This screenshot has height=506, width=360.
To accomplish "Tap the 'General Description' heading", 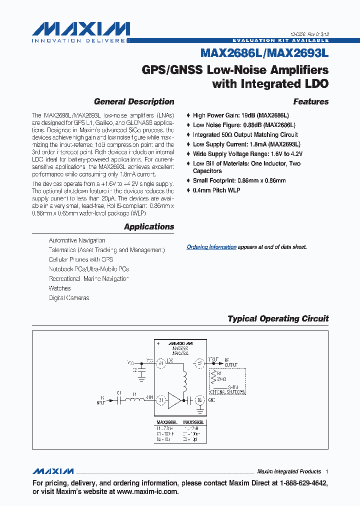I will [x=134, y=101].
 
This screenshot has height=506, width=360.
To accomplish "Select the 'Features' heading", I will [x=310, y=101].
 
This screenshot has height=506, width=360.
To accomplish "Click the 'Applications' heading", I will [x=149, y=226].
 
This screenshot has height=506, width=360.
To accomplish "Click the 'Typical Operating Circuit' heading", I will [x=278, y=318].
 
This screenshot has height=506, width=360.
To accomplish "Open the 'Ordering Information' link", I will [x=211, y=247].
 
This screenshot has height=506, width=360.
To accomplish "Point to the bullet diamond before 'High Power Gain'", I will [x=188, y=115].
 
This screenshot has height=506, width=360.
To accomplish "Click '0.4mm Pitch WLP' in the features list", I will [x=217, y=190].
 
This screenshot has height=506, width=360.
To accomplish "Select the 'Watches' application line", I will [x=59, y=288].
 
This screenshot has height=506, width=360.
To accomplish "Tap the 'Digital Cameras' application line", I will [x=69, y=298].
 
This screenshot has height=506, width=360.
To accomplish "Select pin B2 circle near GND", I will [x=199, y=399].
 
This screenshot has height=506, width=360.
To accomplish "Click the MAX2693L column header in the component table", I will [x=193, y=422].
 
